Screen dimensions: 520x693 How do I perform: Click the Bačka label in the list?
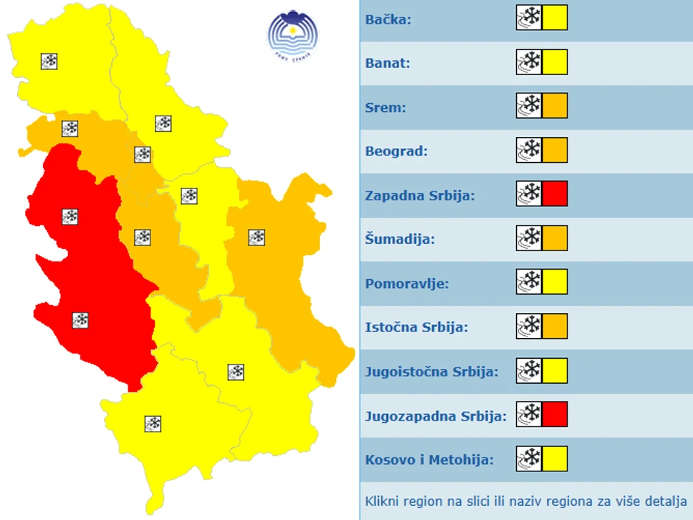click(x=388, y=19)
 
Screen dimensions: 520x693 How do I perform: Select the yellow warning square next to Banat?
click(x=555, y=63)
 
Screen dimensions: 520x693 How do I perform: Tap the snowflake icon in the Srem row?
click(x=529, y=107)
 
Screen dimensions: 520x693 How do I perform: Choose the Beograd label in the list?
click(x=397, y=152)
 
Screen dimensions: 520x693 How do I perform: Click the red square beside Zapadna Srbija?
click(x=555, y=194)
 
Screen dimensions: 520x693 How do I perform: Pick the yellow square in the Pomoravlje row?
click(x=555, y=281)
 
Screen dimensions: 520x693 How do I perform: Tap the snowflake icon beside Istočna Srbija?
click(x=529, y=326)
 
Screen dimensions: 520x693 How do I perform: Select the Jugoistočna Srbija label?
click(x=431, y=372)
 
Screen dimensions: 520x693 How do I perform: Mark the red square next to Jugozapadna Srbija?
click(x=555, y=414)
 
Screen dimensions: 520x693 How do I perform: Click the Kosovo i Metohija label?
click(x=429, y=460)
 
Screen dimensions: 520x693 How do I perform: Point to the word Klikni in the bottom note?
click(x=383, y=502)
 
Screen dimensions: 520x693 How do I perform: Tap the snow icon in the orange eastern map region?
click(x=257, y=237)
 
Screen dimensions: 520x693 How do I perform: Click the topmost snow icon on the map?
click(x=49, y=61)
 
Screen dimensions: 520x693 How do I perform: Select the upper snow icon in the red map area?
click(x=70, y=217)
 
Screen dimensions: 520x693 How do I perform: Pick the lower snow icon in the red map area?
click(x=80, y=320)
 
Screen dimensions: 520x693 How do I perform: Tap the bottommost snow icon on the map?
click(x=153, y=424)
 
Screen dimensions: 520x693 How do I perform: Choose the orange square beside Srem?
click(x=555, y=107)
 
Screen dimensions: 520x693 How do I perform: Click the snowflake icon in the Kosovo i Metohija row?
click(x=529, y=458)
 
